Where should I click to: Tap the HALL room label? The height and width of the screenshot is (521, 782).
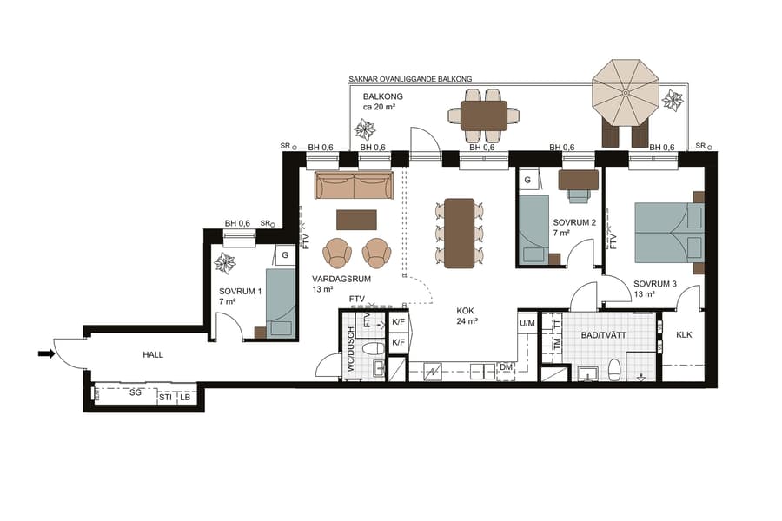tap(153, 354)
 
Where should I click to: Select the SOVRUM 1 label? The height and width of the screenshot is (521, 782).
tap(241, 292)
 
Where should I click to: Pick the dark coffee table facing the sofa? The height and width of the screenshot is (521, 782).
tap(356, 218)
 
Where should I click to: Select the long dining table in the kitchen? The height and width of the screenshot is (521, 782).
tap(459, 232)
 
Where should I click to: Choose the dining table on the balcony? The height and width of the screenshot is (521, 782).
tap(484, 115)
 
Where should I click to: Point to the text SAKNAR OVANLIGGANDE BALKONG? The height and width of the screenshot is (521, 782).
tap(410, 79)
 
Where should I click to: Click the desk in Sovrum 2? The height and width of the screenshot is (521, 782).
tap(578, 179)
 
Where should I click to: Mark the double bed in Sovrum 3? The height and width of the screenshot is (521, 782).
tap(667, 232)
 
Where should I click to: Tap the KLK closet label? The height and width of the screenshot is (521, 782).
tap(684, 334)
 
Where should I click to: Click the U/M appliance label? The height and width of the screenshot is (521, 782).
tap(527, 324)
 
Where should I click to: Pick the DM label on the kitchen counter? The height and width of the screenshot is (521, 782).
tap(507, 368)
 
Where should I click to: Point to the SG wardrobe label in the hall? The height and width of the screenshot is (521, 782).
tap(135, 394)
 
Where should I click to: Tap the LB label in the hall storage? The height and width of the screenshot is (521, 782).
tap(184, 398)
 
